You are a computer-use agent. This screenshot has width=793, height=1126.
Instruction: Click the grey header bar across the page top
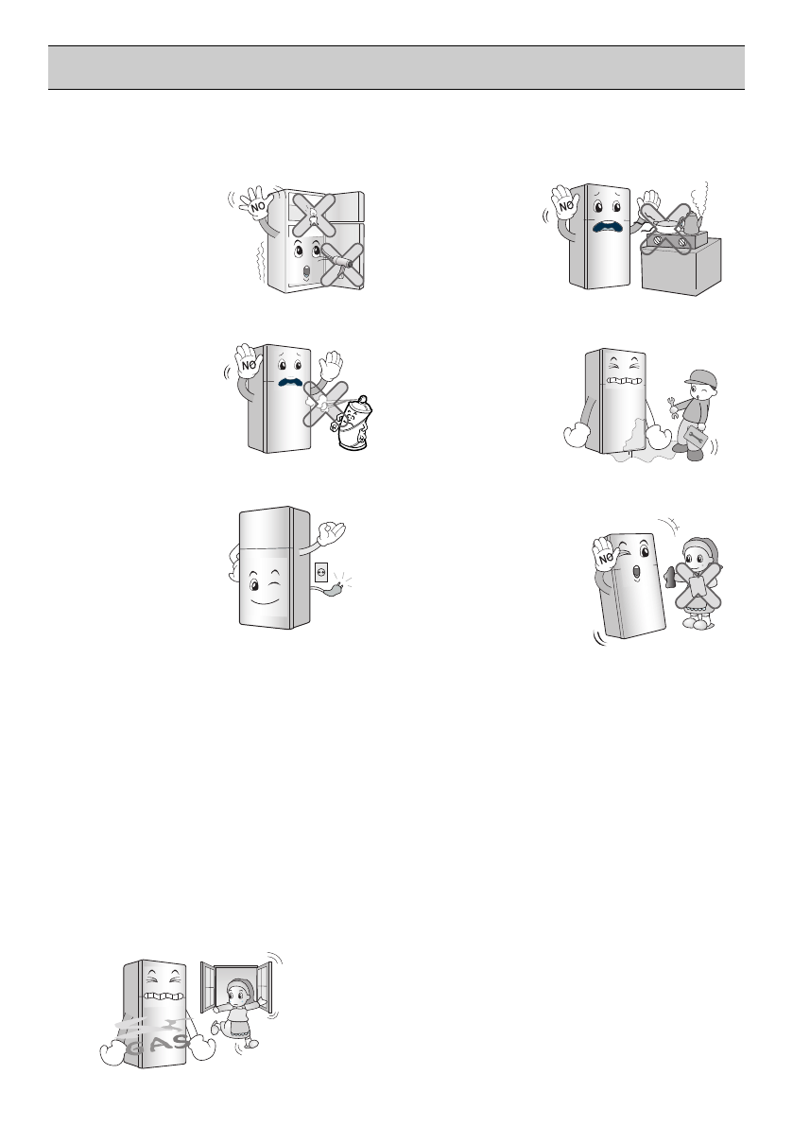pos(396,68)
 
